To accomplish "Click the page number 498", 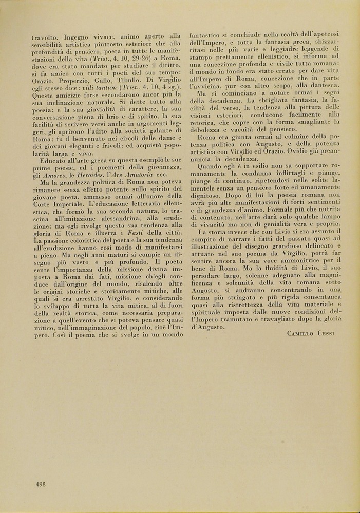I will [x=41, y=484].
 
